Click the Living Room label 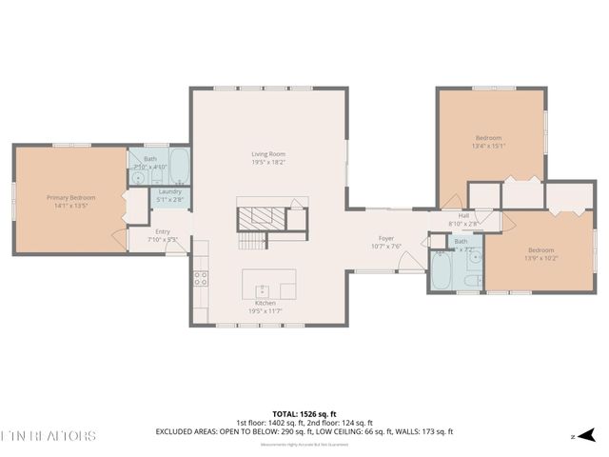tap(268, 154)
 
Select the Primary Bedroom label tap(71, 197)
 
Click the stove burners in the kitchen tap(201, 278)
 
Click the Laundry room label tap(170, 191)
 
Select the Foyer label tap(386, 238)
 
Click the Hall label tap(463, 215)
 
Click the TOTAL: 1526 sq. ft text tap(304, 414)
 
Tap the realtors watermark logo tap(48, 436)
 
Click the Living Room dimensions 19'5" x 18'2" tap(268, 163)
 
